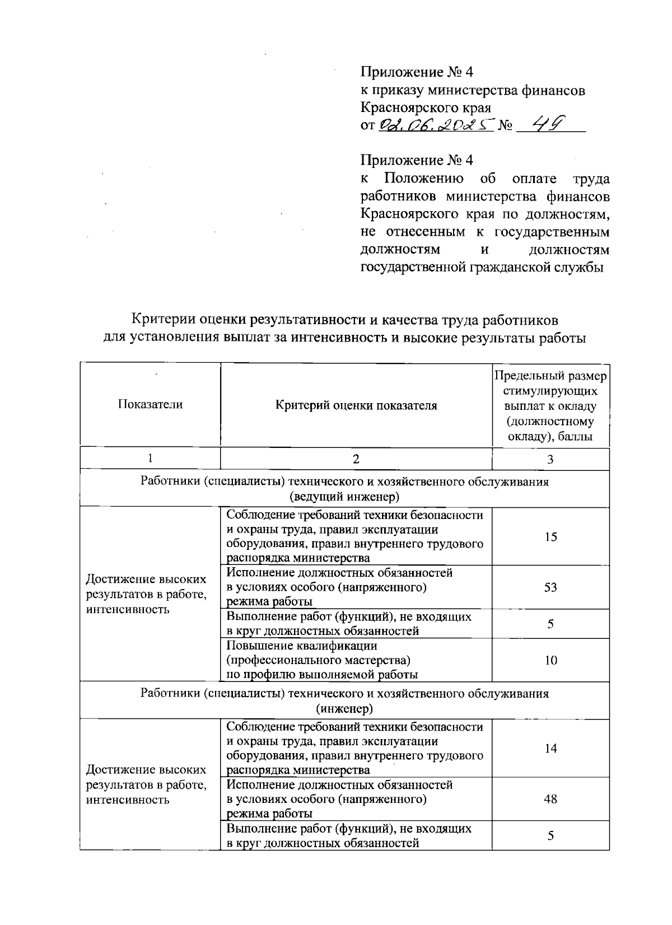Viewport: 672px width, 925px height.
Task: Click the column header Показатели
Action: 150,405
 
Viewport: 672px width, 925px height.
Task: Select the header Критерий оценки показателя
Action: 356,405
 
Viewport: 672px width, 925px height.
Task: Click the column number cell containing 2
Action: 356,459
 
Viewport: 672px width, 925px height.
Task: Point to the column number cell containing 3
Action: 550,459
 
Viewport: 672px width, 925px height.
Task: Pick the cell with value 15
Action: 550,536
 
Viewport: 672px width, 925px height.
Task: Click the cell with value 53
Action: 550,587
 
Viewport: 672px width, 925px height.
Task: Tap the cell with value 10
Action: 550,660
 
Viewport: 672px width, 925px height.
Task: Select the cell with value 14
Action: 550,749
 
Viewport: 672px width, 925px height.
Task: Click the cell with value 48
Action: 550,799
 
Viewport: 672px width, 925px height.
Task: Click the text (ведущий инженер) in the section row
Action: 344,497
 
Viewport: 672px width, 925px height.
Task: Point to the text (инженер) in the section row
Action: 344,709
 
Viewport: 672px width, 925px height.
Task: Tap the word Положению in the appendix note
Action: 423,179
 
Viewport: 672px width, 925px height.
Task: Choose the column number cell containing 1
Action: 150,459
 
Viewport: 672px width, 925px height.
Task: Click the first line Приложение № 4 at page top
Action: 417,72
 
